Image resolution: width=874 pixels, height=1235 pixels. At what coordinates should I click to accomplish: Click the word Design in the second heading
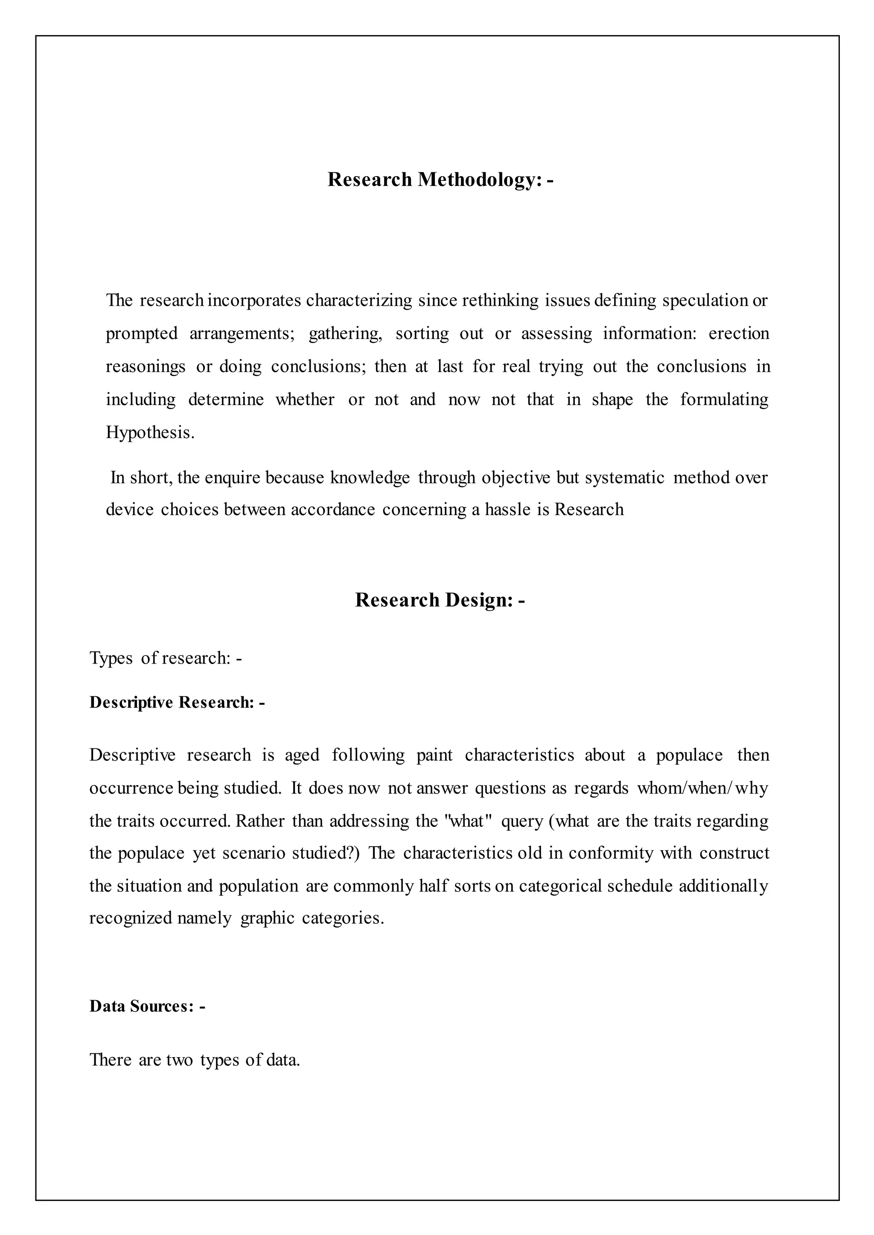pos(478,600)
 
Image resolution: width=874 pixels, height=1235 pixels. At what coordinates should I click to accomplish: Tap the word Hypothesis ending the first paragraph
pos(149,432)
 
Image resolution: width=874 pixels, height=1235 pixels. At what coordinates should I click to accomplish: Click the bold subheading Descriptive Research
pos(177,702)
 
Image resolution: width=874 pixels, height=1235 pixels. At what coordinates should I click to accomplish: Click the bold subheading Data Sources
pos(147,1006)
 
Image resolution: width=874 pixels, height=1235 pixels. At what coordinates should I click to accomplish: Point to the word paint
pos(434,755)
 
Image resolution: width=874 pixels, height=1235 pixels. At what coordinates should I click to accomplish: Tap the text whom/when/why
pos(702,788)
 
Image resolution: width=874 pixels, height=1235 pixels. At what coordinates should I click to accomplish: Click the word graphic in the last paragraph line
pos(267,918)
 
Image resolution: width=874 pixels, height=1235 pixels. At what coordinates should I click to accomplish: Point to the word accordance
pos(332,509)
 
